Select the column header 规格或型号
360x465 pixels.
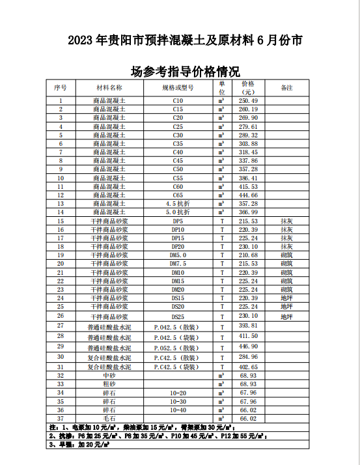178,87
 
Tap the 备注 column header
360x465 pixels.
286,87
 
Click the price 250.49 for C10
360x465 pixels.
248,101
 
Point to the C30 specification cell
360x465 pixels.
178,135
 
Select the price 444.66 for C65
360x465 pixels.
248,195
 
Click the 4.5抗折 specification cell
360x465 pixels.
178,203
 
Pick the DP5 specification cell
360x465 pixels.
178,221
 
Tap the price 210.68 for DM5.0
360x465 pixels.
248,255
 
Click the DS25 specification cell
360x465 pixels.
178,316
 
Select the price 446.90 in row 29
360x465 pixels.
248,346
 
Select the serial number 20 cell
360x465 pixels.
61,263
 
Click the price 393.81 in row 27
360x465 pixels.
248,325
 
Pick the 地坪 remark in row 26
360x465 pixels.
286,317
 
